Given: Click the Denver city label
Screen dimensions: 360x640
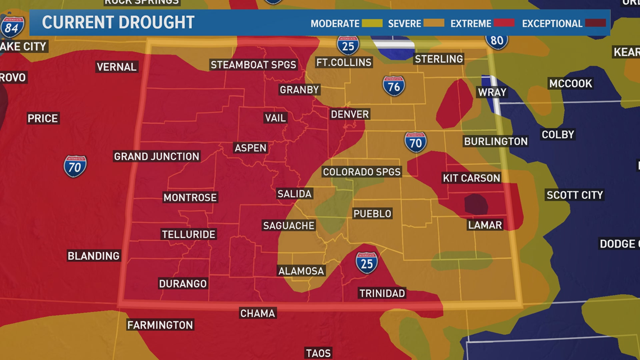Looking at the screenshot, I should coord(350,114).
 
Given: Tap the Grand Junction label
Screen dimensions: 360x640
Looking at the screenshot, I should coord(157,156).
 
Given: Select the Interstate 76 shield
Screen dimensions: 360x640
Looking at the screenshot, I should coord(394,86).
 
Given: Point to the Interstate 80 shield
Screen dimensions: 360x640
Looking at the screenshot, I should coord(496,40).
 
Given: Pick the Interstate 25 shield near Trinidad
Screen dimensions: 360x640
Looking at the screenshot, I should coord(366,262).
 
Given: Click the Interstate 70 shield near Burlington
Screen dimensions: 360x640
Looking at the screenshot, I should coord(415,142).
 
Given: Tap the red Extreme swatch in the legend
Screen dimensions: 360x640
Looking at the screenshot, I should coord(504,23).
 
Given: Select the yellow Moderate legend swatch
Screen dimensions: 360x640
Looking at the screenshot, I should coord(372,23).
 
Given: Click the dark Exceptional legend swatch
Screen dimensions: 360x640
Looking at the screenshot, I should coord(596,23).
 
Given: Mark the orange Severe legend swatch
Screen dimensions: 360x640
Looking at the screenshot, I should coord(433,23).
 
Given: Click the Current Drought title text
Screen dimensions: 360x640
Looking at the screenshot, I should coord(118,23).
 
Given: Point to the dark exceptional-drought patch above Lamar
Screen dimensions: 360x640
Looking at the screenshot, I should coord(476,204).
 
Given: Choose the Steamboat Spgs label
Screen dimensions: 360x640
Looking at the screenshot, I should coord(253,65).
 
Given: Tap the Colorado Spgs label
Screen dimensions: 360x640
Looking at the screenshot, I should coord(362,172).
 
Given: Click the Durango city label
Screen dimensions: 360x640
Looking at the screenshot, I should coord(183,284).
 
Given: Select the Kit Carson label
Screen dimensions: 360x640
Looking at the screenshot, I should coord(471,178).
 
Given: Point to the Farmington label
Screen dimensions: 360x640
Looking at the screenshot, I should coord(160,325).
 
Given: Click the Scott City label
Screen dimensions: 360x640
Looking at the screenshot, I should coord(574,195).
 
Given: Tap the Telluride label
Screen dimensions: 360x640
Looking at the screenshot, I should coord(189,234).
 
